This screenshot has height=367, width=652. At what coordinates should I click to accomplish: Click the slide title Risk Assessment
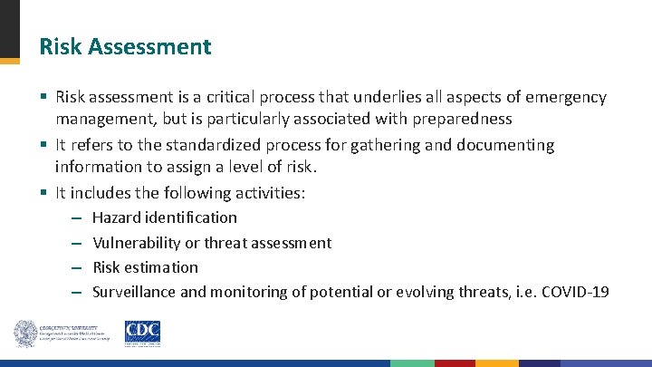point(125,47)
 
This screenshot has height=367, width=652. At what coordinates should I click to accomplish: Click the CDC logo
point(142,333)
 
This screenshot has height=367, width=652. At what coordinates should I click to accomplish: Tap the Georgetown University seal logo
point(25,333)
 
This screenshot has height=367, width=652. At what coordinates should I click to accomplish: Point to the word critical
point(226,97)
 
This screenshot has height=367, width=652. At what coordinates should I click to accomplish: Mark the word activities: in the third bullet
point(268,193)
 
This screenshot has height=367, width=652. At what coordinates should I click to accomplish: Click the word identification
point(192,217)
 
